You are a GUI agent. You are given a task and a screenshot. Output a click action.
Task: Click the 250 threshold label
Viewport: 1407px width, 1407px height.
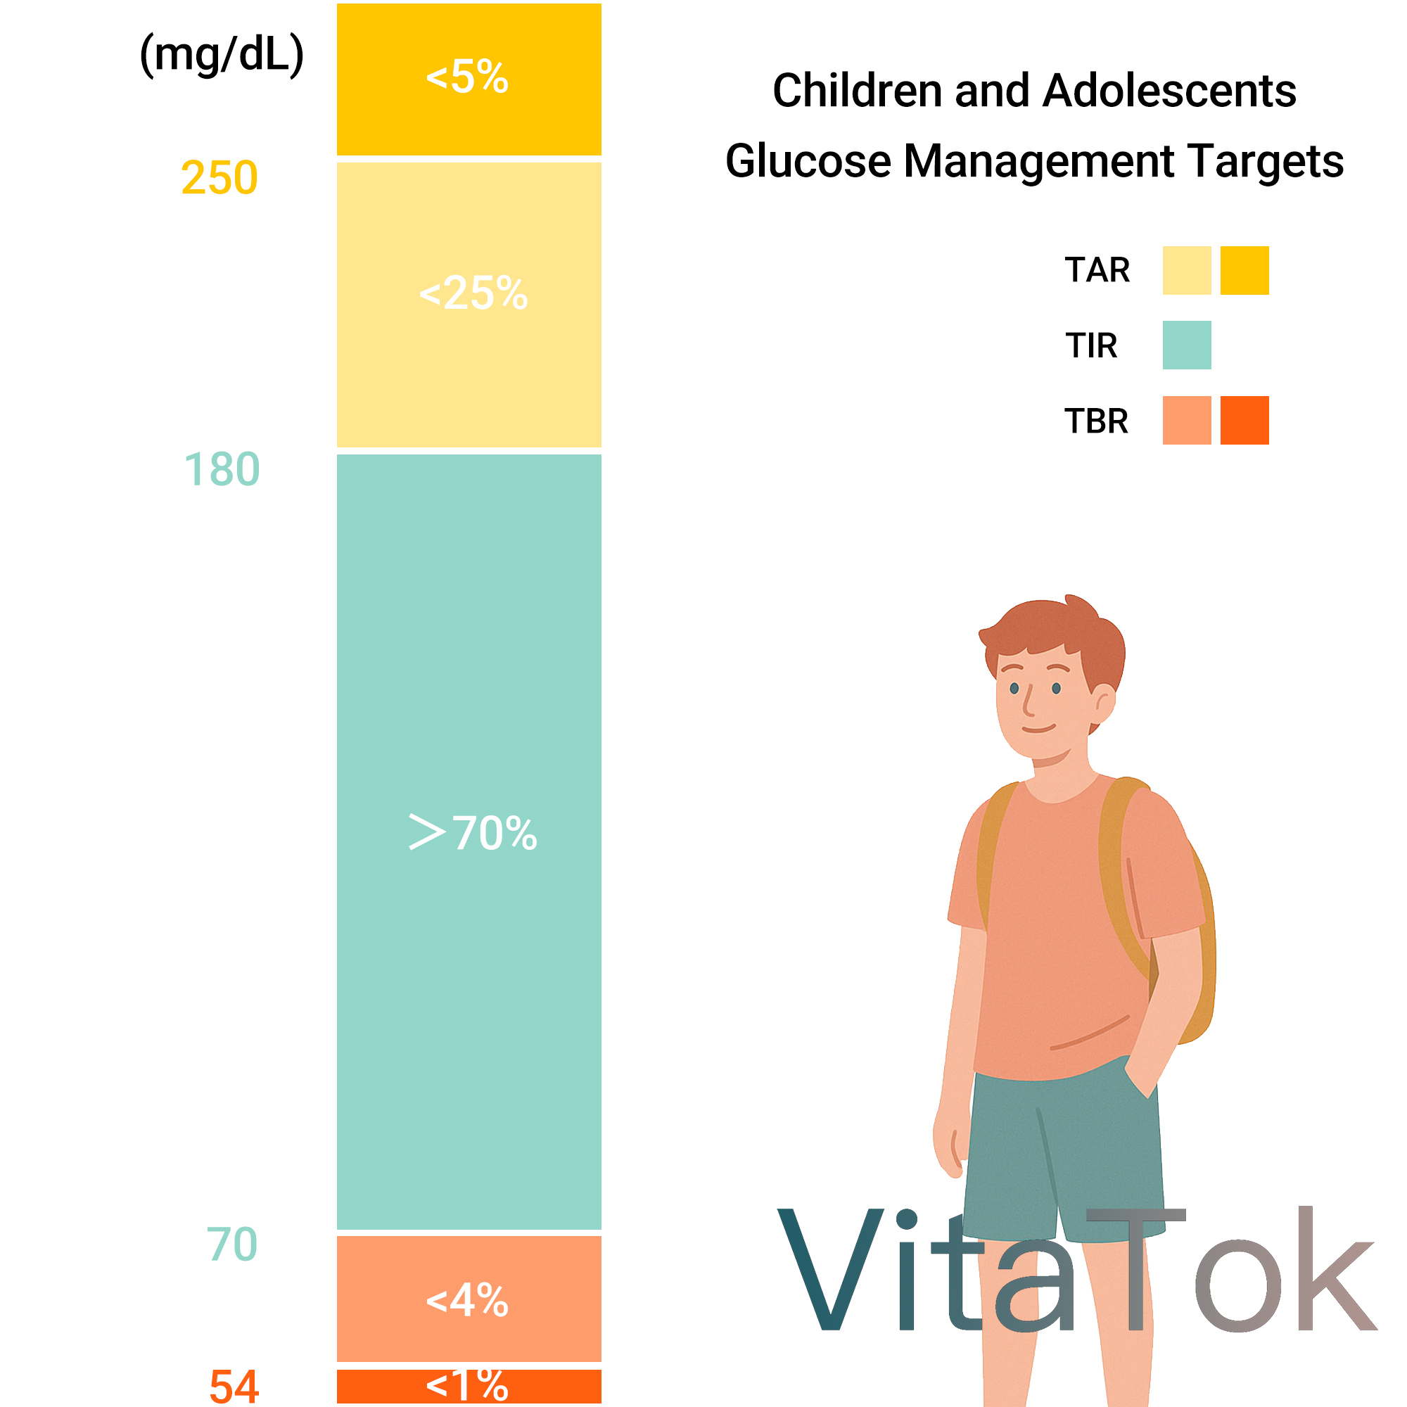point(219,178)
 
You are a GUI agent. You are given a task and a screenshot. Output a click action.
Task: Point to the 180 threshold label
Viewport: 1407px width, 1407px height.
point(222,469)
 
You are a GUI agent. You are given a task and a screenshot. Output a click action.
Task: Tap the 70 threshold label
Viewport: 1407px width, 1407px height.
point(232,1244)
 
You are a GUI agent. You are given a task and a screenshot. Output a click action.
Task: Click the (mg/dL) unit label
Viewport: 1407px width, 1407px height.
point(222,55)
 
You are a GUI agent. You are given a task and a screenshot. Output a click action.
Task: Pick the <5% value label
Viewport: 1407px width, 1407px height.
point(468,77)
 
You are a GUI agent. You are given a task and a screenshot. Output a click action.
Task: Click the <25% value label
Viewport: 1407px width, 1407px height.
point(473,293)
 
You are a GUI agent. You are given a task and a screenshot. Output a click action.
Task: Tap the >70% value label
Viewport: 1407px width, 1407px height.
point(473,832)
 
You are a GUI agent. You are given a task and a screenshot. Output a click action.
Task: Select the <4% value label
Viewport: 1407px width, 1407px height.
point(468,1301)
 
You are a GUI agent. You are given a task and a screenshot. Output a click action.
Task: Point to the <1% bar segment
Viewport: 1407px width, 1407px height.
point(469,1386)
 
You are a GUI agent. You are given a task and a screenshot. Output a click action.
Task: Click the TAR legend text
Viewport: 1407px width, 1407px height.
point(1097,271)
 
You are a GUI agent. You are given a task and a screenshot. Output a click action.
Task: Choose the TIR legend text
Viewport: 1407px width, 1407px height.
point(1091,346)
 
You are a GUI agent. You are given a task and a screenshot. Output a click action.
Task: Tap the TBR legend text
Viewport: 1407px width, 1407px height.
point(1097,421)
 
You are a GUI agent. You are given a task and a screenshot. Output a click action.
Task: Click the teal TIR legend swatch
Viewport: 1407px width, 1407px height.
point(1187,345)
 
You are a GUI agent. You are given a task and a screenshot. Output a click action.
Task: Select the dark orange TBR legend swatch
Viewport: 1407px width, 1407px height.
point(1244,420)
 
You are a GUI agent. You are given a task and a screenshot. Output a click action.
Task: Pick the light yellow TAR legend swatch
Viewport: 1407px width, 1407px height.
point(1187,270)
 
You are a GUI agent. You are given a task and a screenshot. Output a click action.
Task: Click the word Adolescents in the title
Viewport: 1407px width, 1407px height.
point(1170,91)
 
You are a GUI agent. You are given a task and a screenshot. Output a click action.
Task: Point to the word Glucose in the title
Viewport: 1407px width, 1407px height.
point(808,161)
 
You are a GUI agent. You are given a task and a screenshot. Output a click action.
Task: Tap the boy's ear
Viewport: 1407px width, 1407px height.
point(1104,706)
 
